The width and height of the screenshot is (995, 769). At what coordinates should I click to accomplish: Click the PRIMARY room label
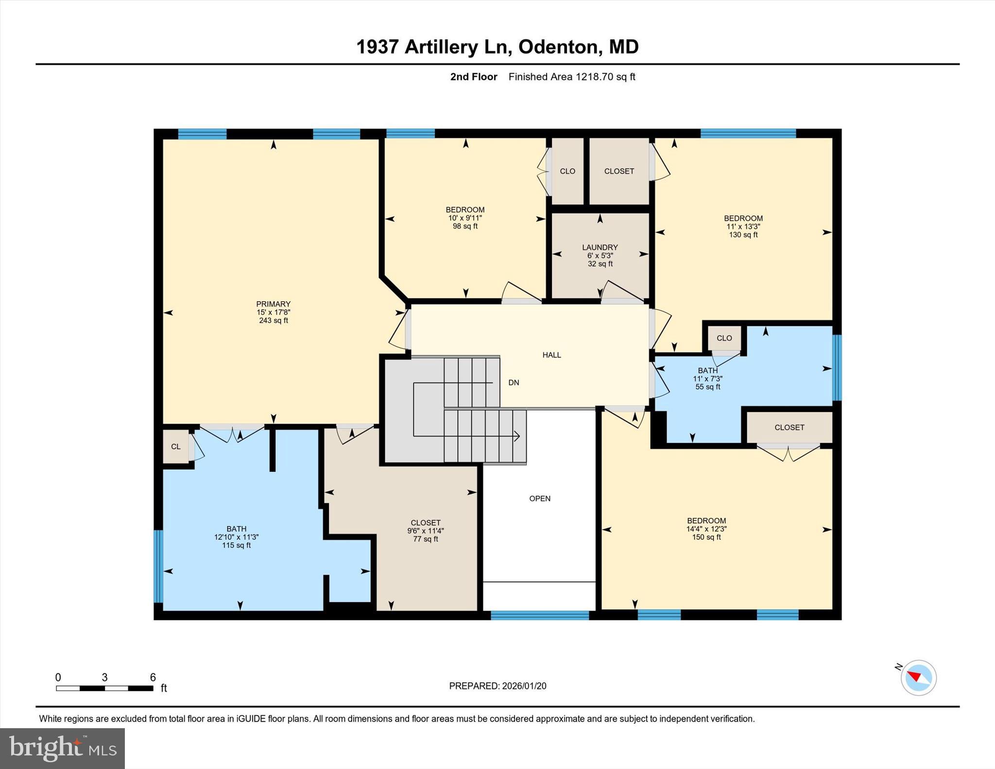point(273,305)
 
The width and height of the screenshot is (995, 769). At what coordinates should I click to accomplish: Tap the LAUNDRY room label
point(600,248)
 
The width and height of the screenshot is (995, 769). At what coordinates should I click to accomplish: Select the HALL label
point(551,355)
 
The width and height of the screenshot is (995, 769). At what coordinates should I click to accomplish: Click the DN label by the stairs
point(514,383)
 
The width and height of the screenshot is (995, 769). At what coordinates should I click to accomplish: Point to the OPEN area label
point(539,498)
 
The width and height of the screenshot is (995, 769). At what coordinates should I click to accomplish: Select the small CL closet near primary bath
point(175,446)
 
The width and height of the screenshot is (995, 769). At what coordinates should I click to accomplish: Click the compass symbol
point(918,678)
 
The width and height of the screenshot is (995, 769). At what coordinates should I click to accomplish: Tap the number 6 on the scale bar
point(153,677)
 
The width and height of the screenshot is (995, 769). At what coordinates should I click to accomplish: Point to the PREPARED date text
point(497,686)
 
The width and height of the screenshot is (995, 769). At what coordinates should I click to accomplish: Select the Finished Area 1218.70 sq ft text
point(571,77)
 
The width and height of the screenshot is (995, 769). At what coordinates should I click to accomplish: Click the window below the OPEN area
point(539,615)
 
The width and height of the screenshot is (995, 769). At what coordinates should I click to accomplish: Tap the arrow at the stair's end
point(517,436)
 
